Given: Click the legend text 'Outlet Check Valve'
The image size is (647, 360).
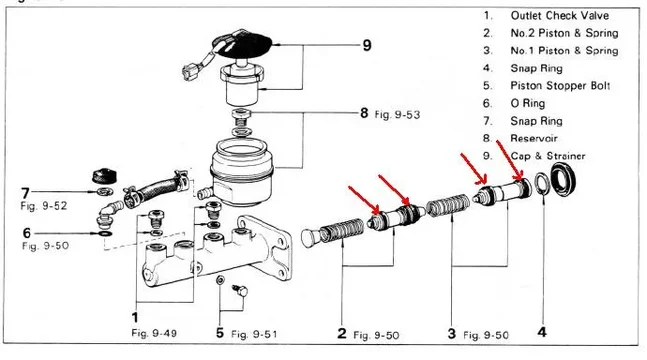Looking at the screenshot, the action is (x=560, y=16).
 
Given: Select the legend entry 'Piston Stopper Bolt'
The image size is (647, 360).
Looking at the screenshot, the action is (x=560, y=86).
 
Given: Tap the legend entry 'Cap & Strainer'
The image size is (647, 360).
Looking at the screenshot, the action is (x=548, y=156).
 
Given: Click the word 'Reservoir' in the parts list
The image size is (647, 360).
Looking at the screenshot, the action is (x=534, y=138).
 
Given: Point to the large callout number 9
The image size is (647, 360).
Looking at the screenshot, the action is (x=367, y=45).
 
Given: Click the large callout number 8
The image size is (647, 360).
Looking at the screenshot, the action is (x=364, y=113).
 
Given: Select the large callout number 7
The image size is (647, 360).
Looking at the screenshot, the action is (x=26, y=193).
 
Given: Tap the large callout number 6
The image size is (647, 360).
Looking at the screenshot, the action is (x=27, y=233).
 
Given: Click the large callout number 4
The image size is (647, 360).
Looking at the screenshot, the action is (x=542, y=332).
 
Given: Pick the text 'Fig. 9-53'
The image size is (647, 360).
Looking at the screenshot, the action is (x=397, y=114).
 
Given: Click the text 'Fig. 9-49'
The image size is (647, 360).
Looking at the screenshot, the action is (x=154, y=333).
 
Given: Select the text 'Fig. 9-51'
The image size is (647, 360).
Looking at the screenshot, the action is (x=254, y=334).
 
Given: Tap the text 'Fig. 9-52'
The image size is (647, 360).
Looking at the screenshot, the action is (x=44, y=206).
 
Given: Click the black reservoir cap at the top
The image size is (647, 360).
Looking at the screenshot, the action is (x=243, y=44).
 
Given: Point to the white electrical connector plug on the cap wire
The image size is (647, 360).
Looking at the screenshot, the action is (x=189, y=71).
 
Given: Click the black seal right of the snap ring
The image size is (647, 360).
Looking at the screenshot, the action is (x=563, y=180).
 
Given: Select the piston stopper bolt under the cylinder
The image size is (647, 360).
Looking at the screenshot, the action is (x=240, y=290).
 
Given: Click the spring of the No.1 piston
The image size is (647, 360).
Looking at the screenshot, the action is (x=448, y=205).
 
